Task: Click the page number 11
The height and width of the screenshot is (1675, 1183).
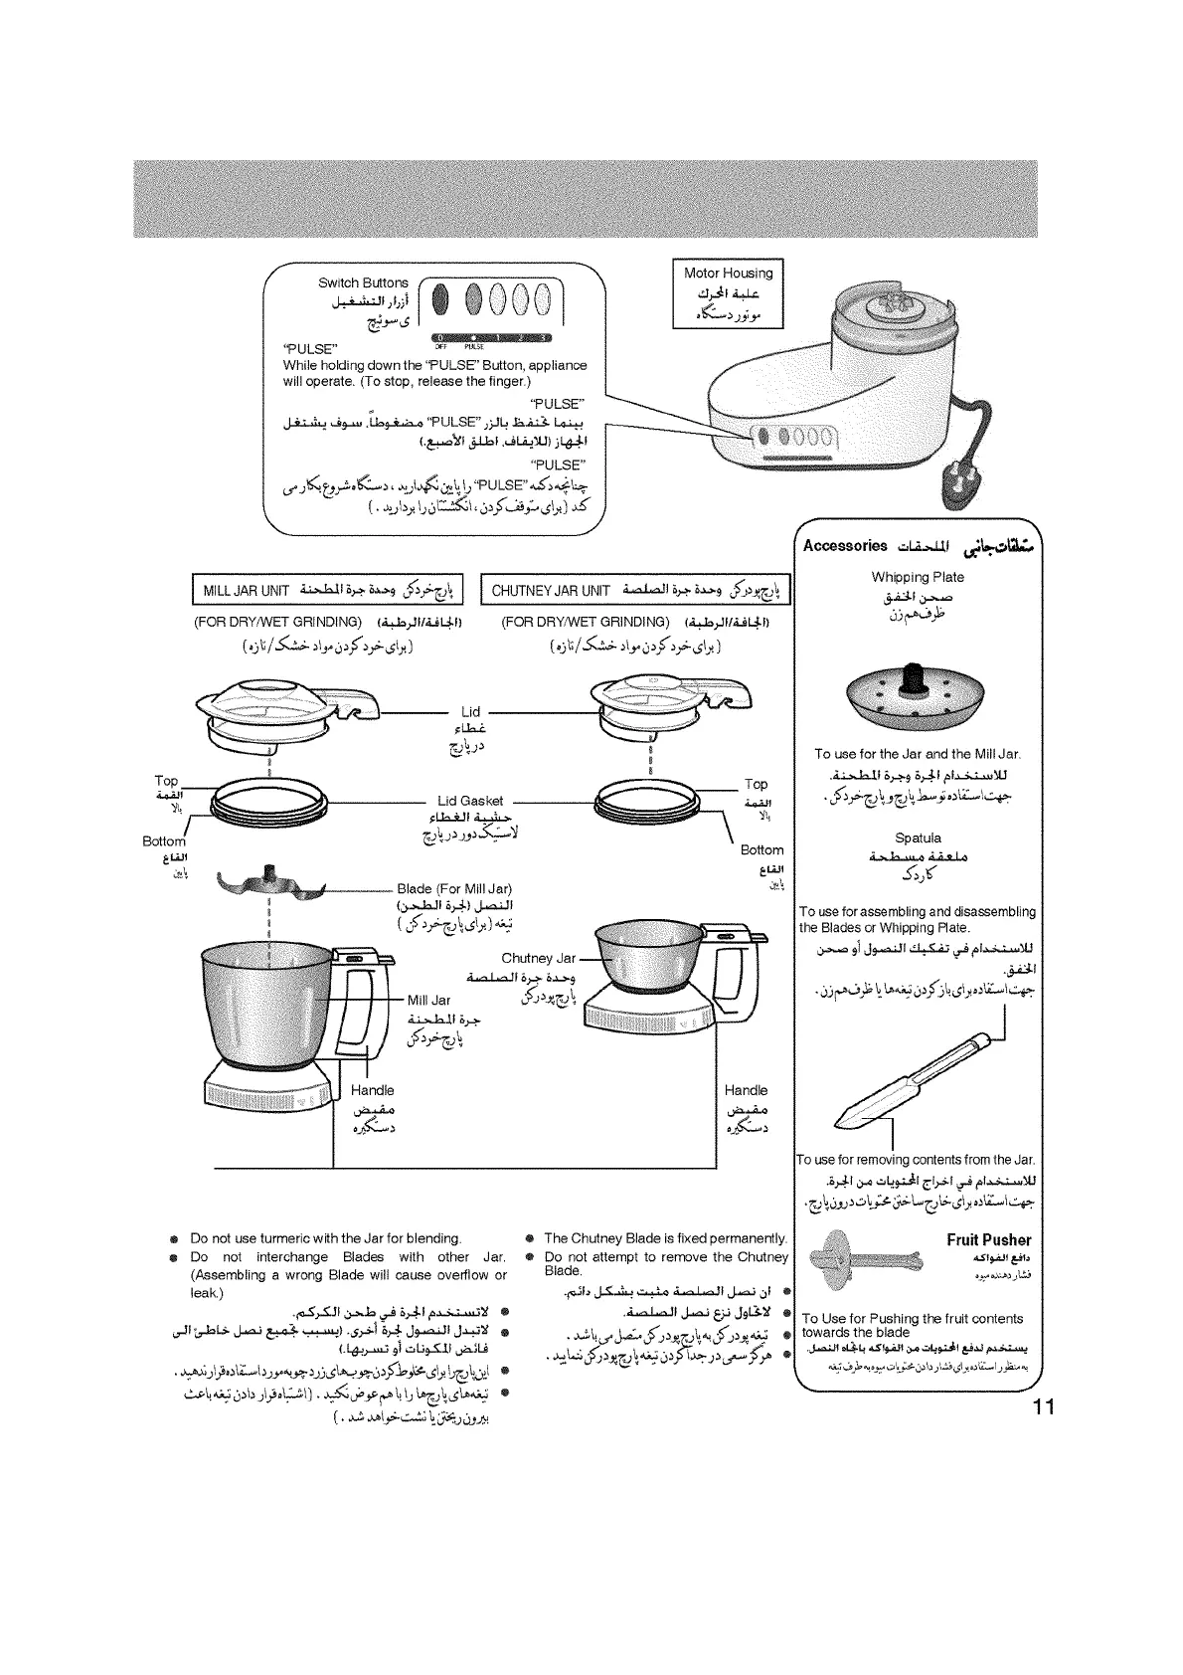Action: pos(1041,1407)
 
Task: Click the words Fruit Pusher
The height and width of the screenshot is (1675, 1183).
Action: pos(988,1239)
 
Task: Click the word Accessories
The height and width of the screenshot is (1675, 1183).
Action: pos(845,545)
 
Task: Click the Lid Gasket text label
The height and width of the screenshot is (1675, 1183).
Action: pos(470,801)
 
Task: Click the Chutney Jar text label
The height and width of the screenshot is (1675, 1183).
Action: pos(538,958)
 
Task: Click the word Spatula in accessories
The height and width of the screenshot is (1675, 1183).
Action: pos(918,837)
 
